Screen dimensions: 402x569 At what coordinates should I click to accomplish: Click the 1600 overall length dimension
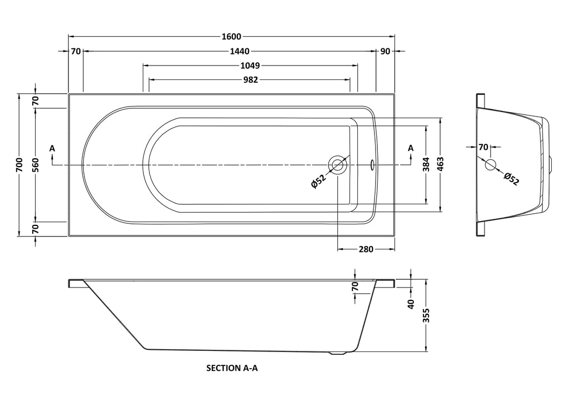[x=231, y=37]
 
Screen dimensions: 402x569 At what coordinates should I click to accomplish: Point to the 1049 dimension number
[x=250, y=66]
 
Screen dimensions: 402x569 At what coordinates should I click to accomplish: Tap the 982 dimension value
[x=250, y=79]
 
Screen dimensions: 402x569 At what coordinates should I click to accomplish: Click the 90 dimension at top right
[x=386, y=51]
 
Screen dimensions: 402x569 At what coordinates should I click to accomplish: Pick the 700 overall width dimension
[x=19, y=165]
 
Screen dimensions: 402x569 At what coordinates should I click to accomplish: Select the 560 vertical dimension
[x=34, y=165]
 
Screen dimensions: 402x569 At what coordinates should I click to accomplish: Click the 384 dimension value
[x=427, y=165]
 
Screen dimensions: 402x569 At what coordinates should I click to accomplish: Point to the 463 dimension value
[x=441, y=165]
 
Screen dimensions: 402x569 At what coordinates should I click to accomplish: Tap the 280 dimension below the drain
[x=366, y=249]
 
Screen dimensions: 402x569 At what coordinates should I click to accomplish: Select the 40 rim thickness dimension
[x=411, y=304]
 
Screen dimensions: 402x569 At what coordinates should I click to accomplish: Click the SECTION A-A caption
[x=232, y=368]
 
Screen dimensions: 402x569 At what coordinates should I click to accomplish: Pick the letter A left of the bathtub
[x=52, y=148]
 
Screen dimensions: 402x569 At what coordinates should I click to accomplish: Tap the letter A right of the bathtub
[x=411, y=148]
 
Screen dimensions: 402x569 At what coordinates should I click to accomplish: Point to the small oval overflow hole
[x=373, y=165]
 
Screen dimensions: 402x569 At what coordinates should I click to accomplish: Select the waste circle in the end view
[x=490, y=164]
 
